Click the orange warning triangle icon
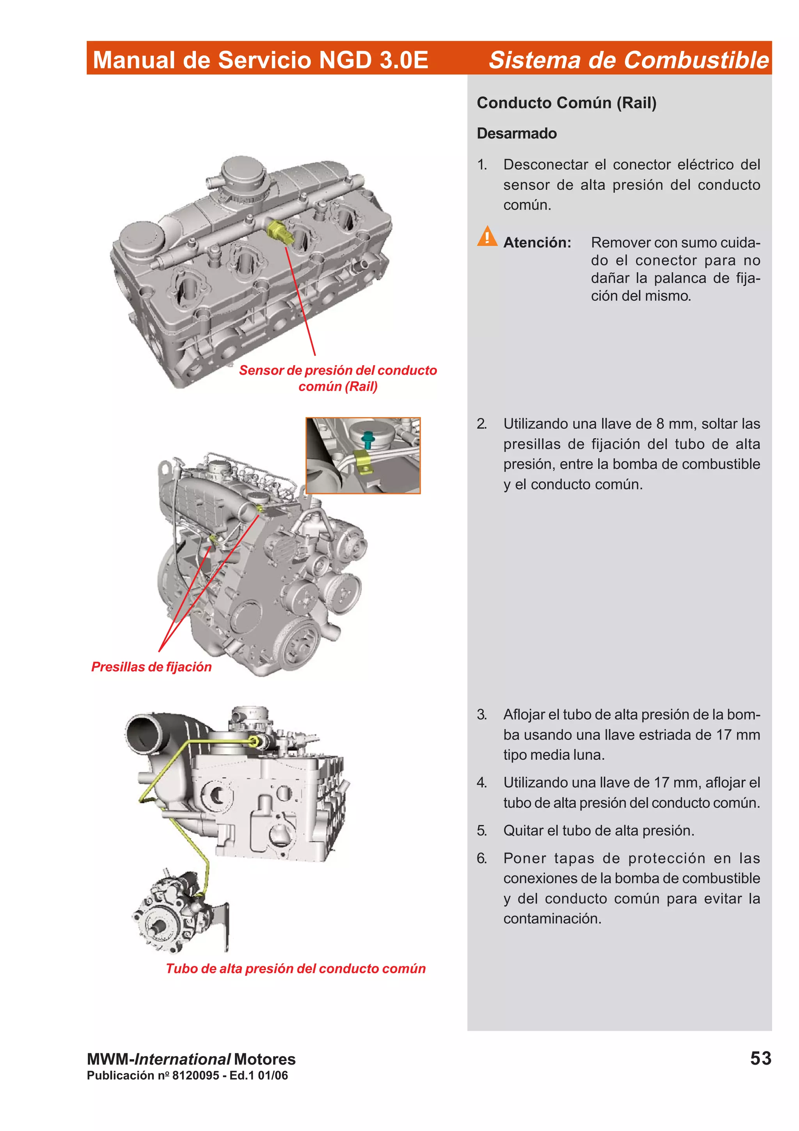tap(487, 237)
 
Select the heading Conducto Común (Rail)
tap(566, 103)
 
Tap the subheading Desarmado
tap(517, 133)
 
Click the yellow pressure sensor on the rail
tap(279, 231)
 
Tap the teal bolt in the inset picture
tap(367, 438)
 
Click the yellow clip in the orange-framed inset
tap(362, 461)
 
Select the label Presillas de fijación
tap(151, 667)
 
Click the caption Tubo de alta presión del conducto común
tap(295, 968)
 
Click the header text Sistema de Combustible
tap(628, 60)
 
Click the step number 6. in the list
tap(481, 858)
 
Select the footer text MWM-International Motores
tap(191, 1059)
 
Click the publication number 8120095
tap(195, 1075)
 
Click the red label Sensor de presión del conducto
tap(338, 370)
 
